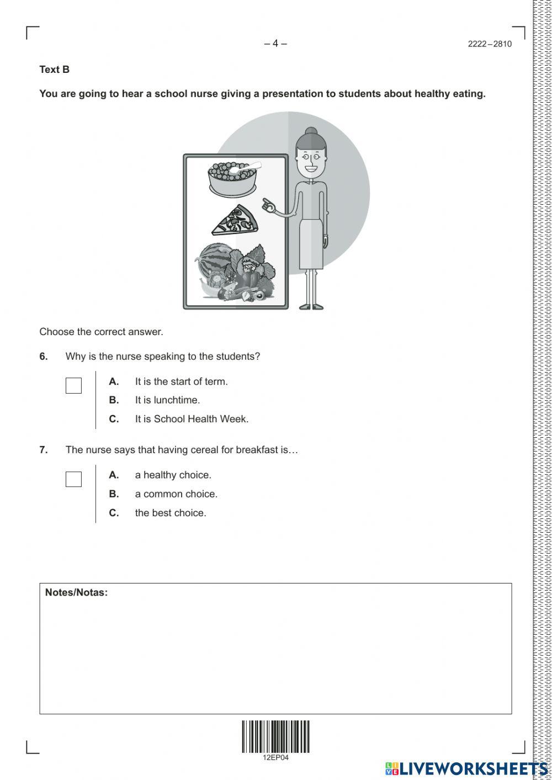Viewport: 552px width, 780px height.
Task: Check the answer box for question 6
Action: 73,385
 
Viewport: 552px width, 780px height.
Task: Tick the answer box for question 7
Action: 73,479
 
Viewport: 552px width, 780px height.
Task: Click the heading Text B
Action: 54,70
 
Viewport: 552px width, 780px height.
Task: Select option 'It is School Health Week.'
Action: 192,419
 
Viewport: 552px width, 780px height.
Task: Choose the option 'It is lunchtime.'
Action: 167,400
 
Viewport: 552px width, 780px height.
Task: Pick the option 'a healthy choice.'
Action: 173,475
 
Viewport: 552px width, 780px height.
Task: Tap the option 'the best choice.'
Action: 171,513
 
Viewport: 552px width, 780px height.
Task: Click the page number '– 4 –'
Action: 275,44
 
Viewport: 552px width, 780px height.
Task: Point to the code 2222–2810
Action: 490,44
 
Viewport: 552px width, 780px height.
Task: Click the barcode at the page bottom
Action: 275,736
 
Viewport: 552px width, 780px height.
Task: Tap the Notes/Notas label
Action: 76,592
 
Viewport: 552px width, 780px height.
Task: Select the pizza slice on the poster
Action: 236,221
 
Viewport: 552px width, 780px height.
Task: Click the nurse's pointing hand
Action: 269,206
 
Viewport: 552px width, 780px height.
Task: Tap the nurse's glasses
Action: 311,156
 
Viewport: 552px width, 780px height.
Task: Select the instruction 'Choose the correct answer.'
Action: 101,332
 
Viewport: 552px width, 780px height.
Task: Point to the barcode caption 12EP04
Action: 275,757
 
